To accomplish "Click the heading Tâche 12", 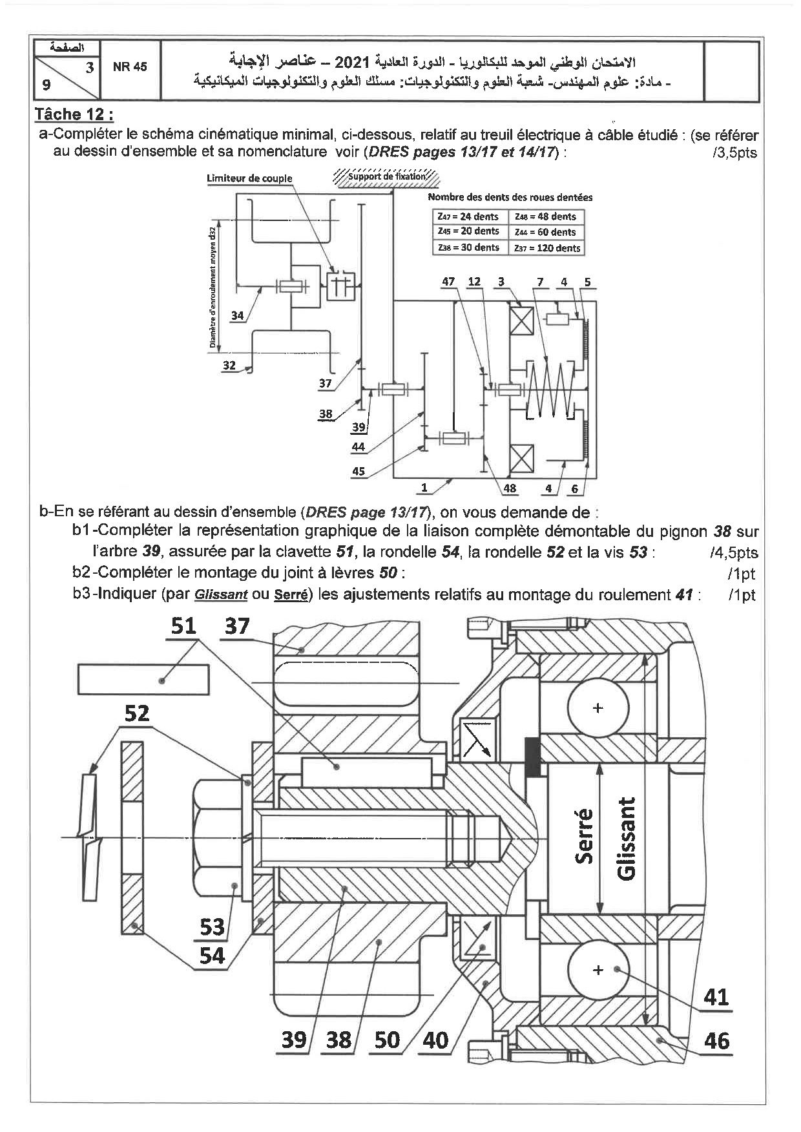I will pyautogui.click(x=74, y=115).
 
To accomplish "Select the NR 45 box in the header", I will pyautogui.click(x=130, y=67).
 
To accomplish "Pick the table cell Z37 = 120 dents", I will pyautogui.click(x=547, y=248).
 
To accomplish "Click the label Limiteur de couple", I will pyautogui.click(x=249, y=178).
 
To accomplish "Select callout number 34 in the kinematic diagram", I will pyautogui.click(x=237, y=316).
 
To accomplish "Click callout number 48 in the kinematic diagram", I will pyautogui.click(x=510, y=488).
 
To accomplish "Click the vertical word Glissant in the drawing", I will pyautogui.click(x=626, y=838).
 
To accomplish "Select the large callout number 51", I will pyautogui.click(x=183, y=625).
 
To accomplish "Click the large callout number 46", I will pyautogui.click(x=717, y=1041).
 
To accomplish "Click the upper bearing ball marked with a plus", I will pyautogui.click(x=598, y=708).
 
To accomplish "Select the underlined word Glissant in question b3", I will pyautogui.click(x=221, y=595).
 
